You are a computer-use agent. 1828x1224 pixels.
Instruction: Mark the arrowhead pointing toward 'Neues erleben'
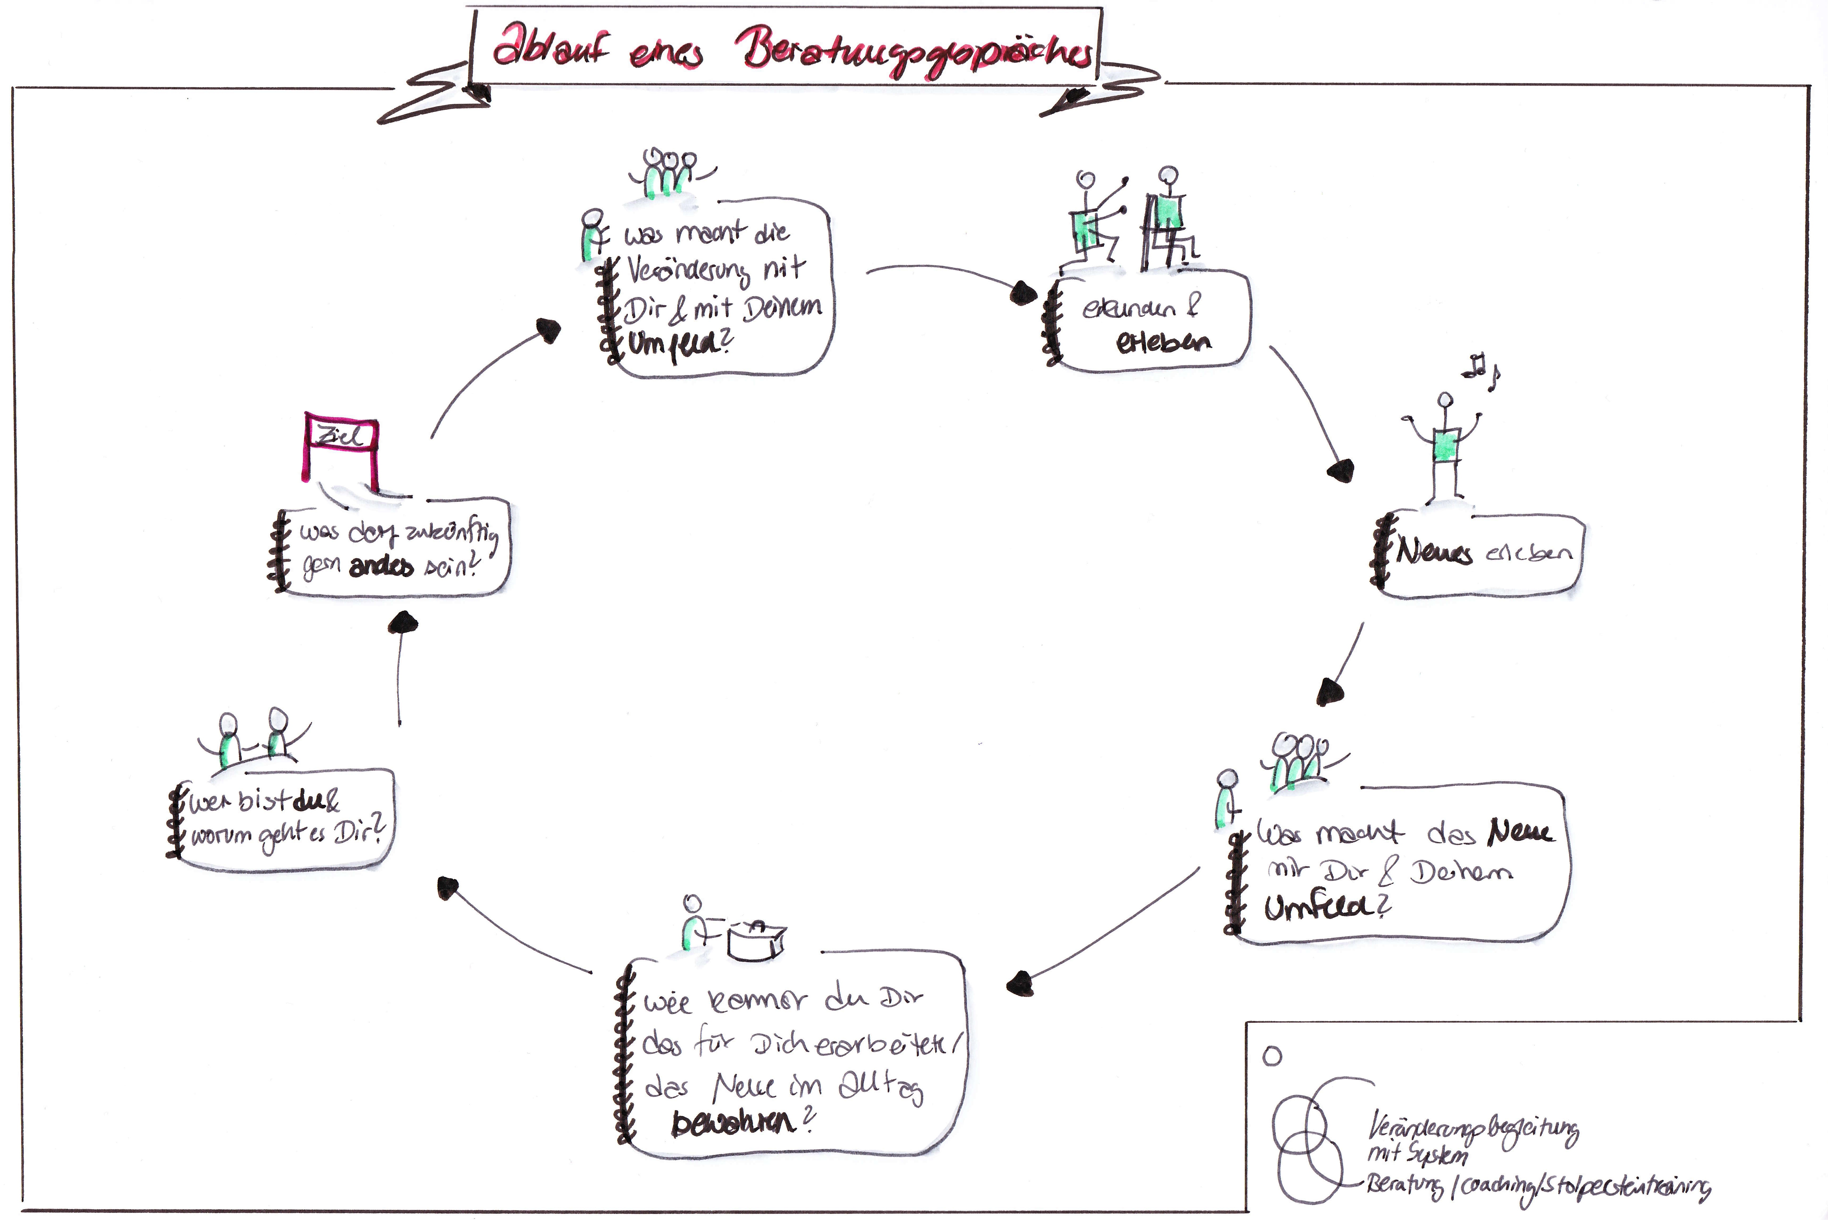tap(1341, 471)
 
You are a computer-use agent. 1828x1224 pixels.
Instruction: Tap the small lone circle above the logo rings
tap(1272, 1056)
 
